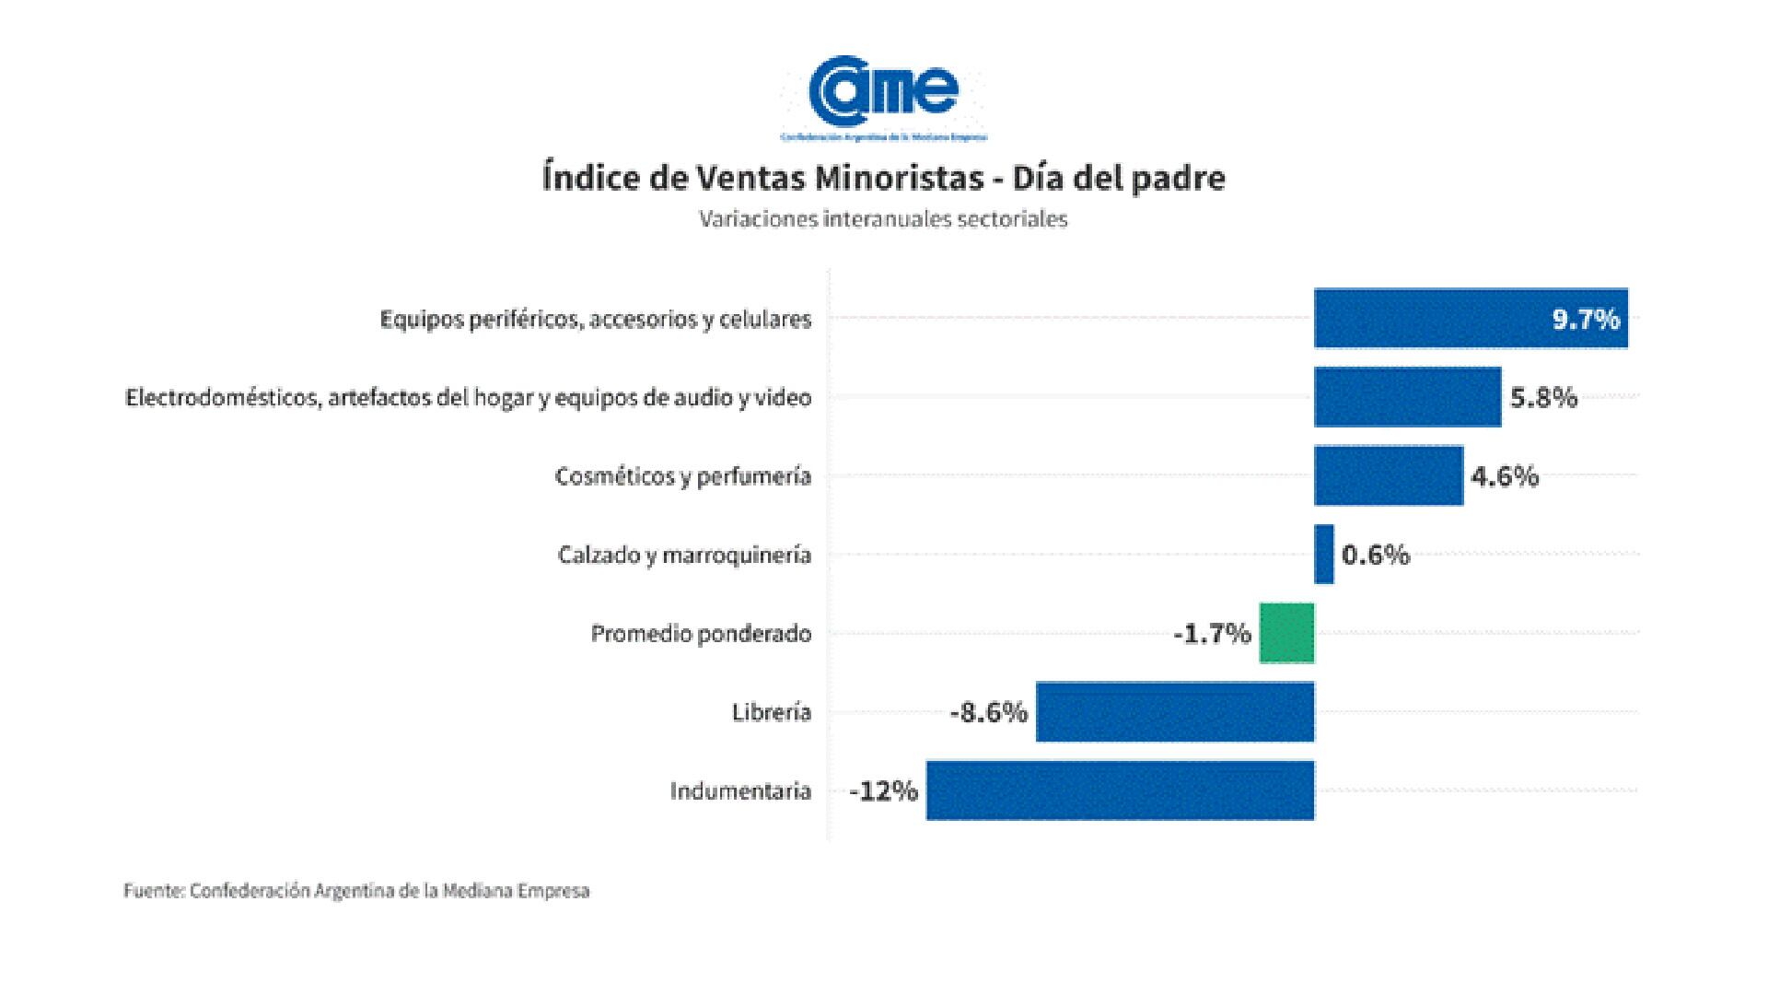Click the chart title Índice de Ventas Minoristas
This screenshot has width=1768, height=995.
pyautogui.click(x=884, y=178)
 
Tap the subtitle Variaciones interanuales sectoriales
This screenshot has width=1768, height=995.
pyautogui.click(x=883, y=219)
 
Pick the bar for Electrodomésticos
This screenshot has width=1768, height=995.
pyautogui.click(x=1407, y=397)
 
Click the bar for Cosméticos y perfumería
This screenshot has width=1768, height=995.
pyautogui.click(x=1388, y=475)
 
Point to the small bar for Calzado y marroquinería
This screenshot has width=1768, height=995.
pyautogui.click(x=1324, y=555)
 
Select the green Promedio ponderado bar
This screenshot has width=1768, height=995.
pyautogui.click(x=1286, y=633)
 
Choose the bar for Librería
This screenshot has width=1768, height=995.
pyautogui.click(x=1175, y=711)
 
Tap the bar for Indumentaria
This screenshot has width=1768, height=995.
pyautogui.click(x=1120, y=790)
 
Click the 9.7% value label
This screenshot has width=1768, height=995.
pyautogui.click(x=1586, y=320)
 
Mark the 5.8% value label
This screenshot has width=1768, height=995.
pyautogui.click(x=1543, y=398)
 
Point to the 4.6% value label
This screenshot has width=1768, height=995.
pyautogui.click(x=1505, y=476)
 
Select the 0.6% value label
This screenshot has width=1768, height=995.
pyautogui.click(x=1376, y=555)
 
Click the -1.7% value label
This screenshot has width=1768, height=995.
pyautogui.click(x=1212, y=634)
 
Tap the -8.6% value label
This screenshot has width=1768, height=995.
pyautogui.click(x=988, y=712)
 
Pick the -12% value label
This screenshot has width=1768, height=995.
pyautogui.click(x=883, y=791)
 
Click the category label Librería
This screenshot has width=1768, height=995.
pyautogui.click(x=772, y=712)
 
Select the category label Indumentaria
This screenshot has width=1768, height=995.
pyautogui.click(x=740, y=791)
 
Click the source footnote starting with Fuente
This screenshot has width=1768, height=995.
pyautogui.click(x=356, y=891)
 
